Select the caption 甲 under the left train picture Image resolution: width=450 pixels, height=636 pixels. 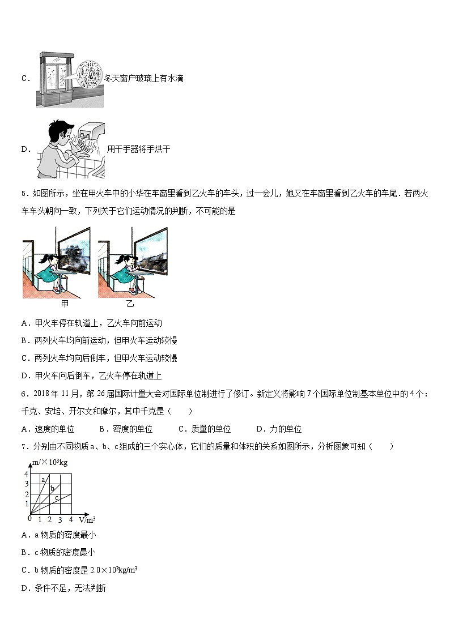64,304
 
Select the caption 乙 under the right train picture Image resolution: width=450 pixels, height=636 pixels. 130,304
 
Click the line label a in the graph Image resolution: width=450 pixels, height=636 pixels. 43,480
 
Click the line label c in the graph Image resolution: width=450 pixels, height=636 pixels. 57,498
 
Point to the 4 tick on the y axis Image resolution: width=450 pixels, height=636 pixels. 26,473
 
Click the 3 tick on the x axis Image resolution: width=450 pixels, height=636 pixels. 60,519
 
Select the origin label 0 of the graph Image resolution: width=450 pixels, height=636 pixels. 29,518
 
